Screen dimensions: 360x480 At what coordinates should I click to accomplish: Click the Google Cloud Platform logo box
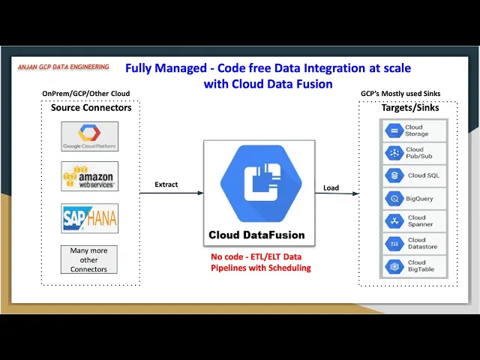89,136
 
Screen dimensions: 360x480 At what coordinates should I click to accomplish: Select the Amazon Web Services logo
89,177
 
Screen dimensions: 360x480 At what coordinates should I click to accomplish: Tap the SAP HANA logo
89,218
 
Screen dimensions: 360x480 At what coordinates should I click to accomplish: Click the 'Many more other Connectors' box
88,259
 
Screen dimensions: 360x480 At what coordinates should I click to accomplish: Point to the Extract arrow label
166,184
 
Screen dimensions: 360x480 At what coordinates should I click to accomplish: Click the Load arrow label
331,187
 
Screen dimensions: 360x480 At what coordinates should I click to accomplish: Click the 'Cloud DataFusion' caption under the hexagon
256,235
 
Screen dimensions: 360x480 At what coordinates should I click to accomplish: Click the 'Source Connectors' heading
91,108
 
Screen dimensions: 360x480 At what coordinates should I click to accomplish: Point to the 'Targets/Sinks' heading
409,108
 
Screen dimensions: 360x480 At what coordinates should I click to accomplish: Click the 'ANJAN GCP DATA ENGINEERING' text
64,67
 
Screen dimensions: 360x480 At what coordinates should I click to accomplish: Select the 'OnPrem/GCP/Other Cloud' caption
85,94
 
